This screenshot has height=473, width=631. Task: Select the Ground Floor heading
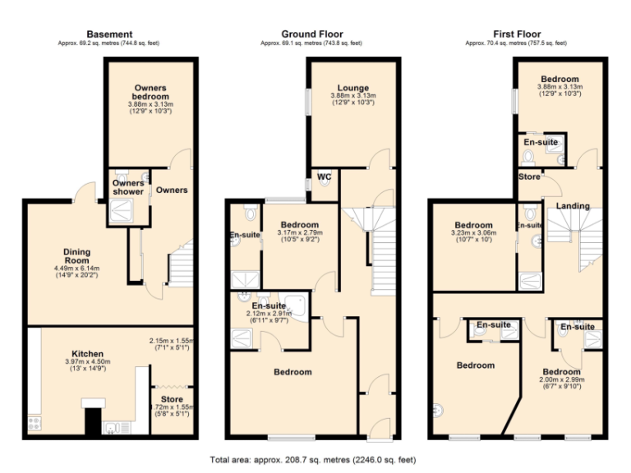point(312,34)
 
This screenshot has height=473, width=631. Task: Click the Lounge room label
point(352,88)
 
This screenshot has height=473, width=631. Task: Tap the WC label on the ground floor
point(324,176)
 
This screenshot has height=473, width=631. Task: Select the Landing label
point(573,205)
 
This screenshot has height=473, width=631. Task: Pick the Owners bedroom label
point(150,90)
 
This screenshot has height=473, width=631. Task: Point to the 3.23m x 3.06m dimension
point(474,234)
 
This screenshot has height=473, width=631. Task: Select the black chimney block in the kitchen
point(92,421)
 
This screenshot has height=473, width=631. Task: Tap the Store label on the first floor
point(528,177)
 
